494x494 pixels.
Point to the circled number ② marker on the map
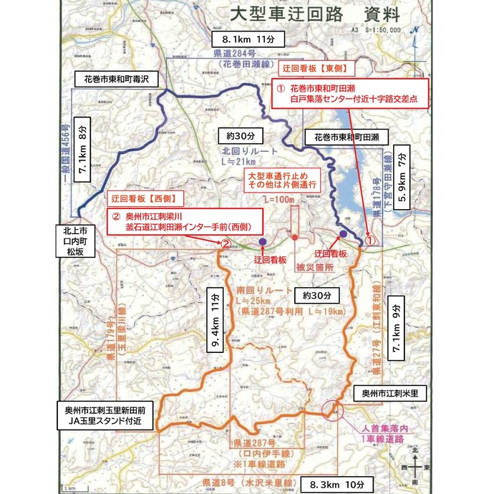[x=225, y=243]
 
